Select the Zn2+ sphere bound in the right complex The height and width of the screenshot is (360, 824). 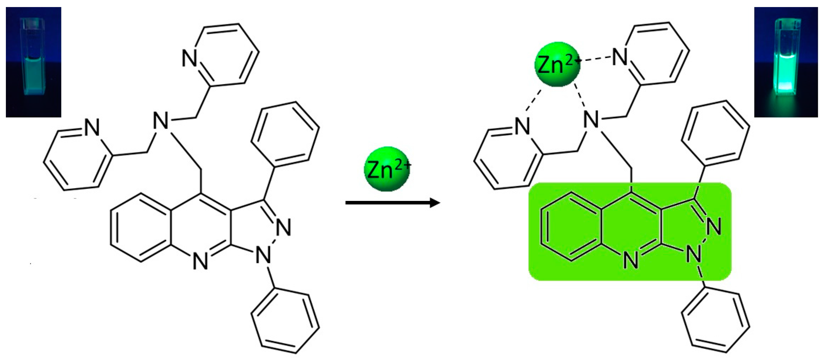[557, 64]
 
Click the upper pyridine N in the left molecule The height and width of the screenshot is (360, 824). [189, 59]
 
